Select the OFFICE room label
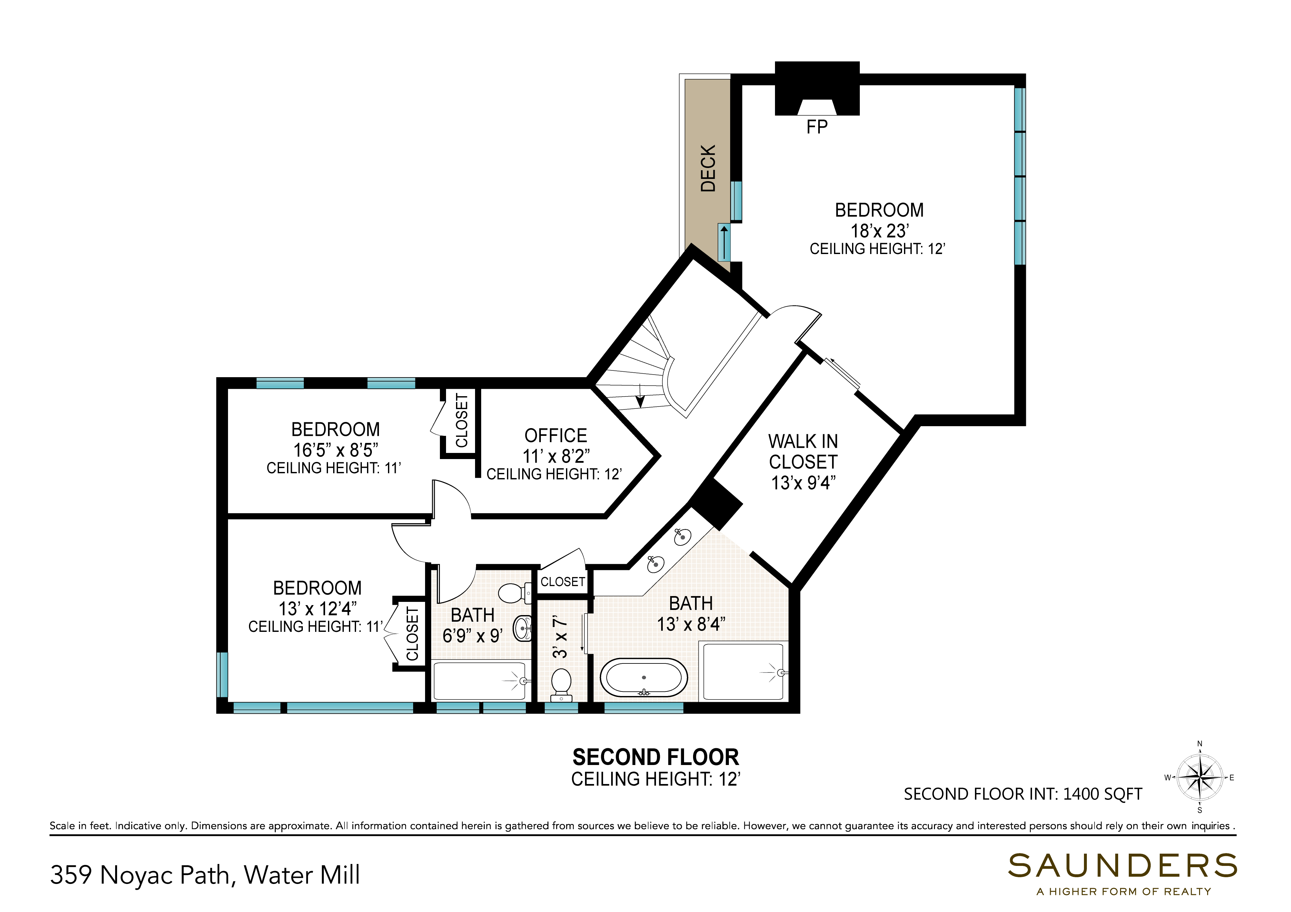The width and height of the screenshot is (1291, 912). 556,436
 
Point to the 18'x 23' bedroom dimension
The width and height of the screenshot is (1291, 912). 879,230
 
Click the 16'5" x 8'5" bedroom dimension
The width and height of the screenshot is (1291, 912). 336,450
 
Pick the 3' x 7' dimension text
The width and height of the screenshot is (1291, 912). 560,637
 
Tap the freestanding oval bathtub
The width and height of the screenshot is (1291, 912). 644,678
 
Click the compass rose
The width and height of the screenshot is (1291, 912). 1200,778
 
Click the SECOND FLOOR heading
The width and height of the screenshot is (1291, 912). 656,758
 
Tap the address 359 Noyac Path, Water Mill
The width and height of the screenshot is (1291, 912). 205,875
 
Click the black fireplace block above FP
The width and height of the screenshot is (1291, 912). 817,88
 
